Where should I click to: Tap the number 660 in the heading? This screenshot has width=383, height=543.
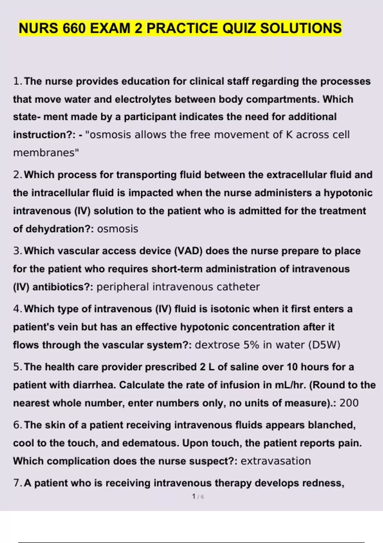tap(74, 28)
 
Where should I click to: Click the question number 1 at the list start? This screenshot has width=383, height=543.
tap(17, 81)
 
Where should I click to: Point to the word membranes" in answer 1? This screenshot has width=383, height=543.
tap(46, 153)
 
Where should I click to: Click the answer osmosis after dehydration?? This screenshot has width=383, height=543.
tap(117, 229)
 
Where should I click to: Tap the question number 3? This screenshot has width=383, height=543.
tap(17, 251)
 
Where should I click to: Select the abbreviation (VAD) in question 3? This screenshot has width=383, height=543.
tap(188, 251)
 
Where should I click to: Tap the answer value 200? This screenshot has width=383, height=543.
tap(349, 403)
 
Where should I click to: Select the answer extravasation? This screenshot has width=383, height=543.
tap(275, 461)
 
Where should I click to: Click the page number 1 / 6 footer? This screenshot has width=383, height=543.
tap(198, 497)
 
